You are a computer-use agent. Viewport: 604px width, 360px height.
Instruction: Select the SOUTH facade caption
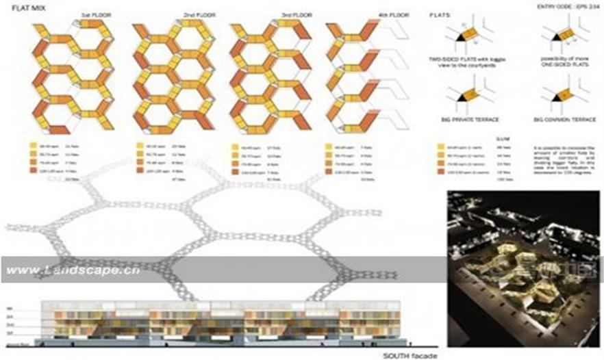(x=407, y=355)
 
